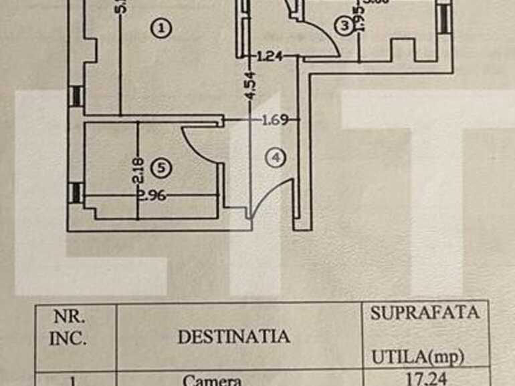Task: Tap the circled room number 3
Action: [344, 27]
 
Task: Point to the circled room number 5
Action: [161, 169]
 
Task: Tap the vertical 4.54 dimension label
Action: [249, 87]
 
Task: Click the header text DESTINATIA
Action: [234, 336]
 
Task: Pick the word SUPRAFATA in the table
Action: [425, 313]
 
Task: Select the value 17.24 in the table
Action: [427, 379]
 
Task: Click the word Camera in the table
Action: [212, 381]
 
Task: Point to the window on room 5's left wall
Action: [76, 192]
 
